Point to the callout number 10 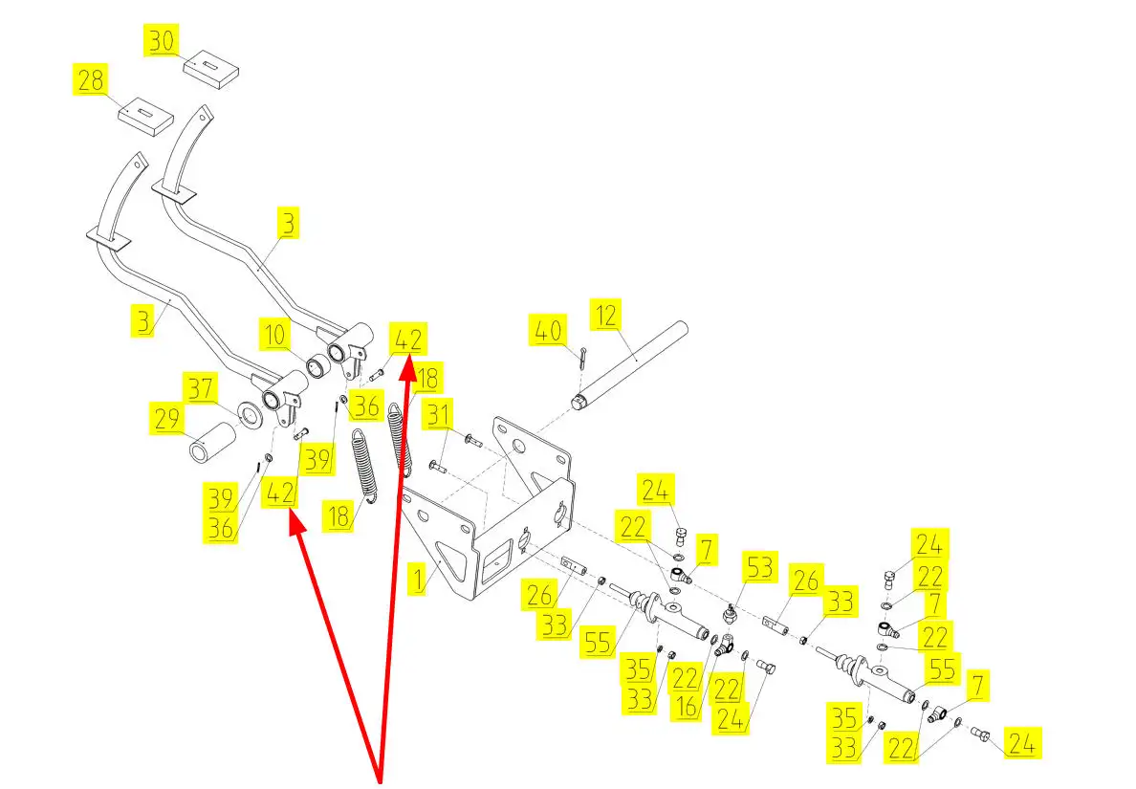[x=275, y=337]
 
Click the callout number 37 [x=201, y=388]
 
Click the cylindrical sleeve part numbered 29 [x=216, y=443]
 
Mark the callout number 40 [x=546, y=333]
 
